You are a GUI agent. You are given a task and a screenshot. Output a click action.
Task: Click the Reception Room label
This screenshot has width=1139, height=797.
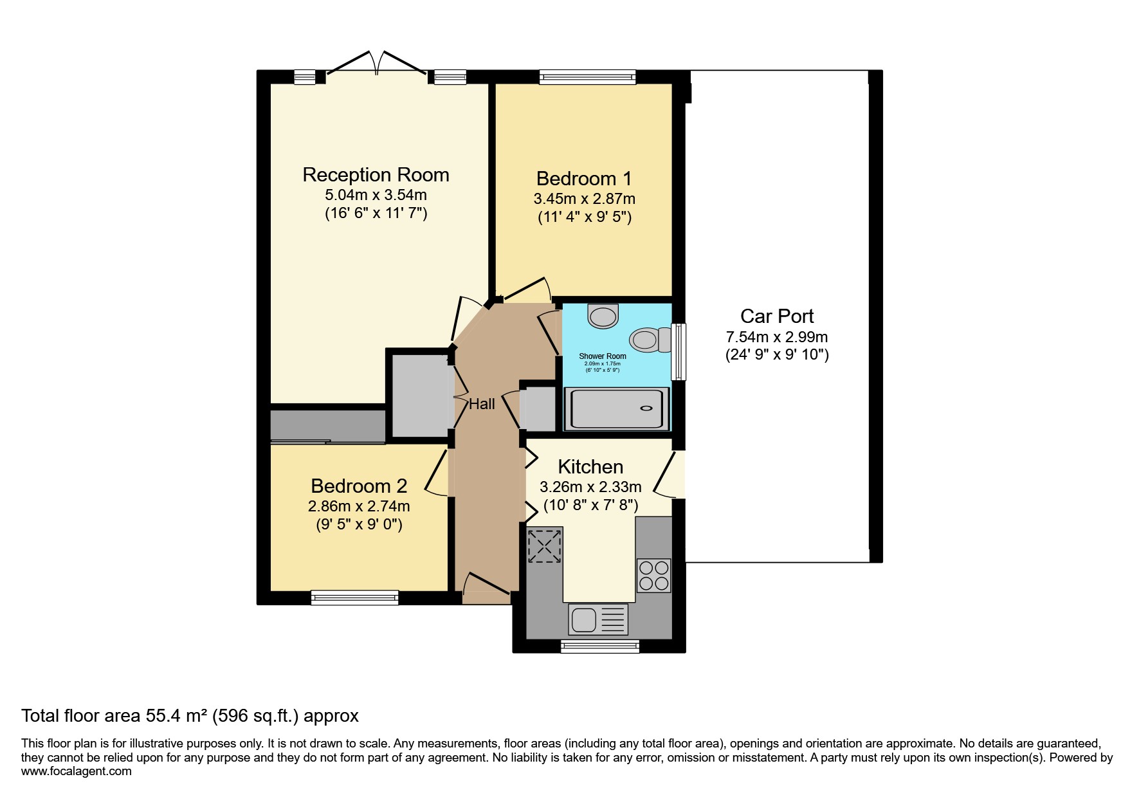coord(376,175)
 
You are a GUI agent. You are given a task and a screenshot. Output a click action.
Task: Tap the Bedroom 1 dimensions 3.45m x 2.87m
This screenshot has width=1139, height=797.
coord(584,199)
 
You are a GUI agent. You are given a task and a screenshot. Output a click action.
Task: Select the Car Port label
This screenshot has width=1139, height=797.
coord(777,316)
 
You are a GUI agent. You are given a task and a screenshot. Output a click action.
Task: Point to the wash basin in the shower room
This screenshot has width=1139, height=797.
coord(603,316)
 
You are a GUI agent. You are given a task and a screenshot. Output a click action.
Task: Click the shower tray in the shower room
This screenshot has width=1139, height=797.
coord(615,409)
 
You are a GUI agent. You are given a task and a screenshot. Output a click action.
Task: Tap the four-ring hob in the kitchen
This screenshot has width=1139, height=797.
coord(653,575)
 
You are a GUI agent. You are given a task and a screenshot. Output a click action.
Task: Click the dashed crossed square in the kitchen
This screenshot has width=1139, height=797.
coord(544,545)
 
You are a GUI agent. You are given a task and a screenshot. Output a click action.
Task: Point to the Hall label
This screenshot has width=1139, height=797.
coord(482,404)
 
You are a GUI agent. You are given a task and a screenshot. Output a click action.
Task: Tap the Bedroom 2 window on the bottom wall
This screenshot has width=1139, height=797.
coord(354,598)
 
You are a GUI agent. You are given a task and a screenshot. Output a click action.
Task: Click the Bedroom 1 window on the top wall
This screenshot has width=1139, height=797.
coord(587,77)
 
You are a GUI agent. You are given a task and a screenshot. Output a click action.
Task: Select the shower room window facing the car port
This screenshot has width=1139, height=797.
coord(679,351)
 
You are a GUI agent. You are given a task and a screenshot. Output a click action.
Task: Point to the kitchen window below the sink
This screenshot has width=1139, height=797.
coord(599,646)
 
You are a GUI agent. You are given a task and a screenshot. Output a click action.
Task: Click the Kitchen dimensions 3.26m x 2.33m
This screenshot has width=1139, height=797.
coord(590,487)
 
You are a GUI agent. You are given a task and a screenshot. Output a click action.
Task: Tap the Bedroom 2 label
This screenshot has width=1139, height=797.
coord(359,486)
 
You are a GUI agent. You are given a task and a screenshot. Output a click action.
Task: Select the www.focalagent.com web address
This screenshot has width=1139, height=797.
coord(77,771)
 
